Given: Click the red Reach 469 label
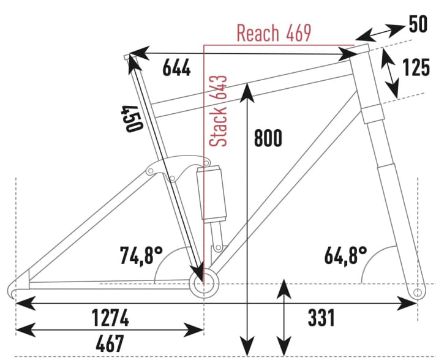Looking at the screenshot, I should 273,33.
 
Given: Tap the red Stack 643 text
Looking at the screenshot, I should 219,111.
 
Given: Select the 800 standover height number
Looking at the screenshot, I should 268,138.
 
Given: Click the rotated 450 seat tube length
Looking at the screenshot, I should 132,118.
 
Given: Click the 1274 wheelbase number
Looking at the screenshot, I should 110,318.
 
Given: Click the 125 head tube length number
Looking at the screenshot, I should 417,67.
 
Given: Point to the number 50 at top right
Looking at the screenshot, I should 419,26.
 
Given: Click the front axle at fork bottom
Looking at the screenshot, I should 417,293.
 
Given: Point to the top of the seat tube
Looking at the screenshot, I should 127,57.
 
